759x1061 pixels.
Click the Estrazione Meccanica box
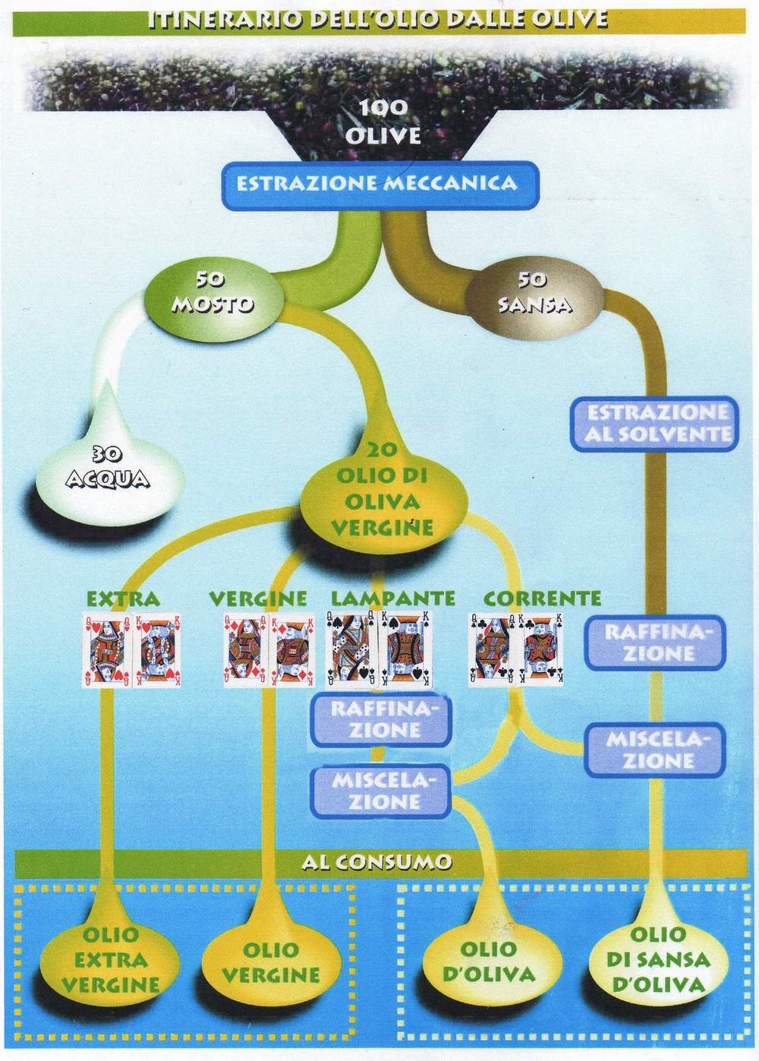pyautogui.click(x=376, y=184)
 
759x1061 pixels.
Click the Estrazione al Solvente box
pyautogui.click(x=657, y=423)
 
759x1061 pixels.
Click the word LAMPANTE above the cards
pyautogui.click(x=393, y=598)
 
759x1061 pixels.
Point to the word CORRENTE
pyautogui.click(x=542, y=598)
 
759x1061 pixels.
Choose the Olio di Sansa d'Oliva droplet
pyautogui.click(x=657, y=958)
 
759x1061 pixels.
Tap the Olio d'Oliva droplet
pyautogui.click(x=488, y=961)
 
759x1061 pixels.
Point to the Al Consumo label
pyautogui.click(x=376, y=862)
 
